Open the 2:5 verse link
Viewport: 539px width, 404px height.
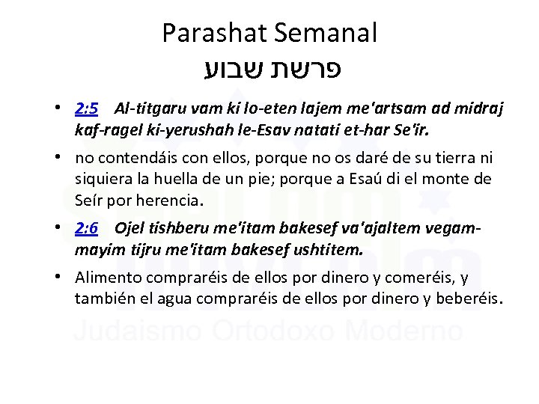point(87,109)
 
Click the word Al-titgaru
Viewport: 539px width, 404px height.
point(145,109)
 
